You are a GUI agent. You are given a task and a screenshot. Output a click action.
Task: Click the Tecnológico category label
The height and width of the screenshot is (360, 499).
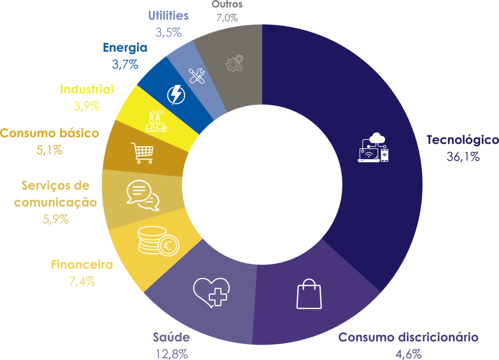(462, 140)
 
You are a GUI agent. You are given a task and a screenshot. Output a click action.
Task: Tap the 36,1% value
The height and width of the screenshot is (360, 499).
(463, 157)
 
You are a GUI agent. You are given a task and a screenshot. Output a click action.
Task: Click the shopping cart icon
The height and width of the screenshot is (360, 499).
(142, 152)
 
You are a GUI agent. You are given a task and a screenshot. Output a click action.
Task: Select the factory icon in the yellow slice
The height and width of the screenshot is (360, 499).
(156, 121)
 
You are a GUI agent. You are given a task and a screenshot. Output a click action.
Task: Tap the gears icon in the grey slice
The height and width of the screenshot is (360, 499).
(234, 64)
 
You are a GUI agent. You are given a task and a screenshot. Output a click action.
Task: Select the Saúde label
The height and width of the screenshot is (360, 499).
(171, 338)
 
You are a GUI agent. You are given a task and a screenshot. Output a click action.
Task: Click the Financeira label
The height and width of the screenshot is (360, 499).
(82, 265)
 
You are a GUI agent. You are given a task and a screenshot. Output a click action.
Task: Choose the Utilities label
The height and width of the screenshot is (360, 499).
(168, 16)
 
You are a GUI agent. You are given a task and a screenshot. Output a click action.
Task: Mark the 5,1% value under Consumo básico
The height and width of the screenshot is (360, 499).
(49, 150)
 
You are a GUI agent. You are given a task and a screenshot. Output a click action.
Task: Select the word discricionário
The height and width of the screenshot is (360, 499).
(437, 338)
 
